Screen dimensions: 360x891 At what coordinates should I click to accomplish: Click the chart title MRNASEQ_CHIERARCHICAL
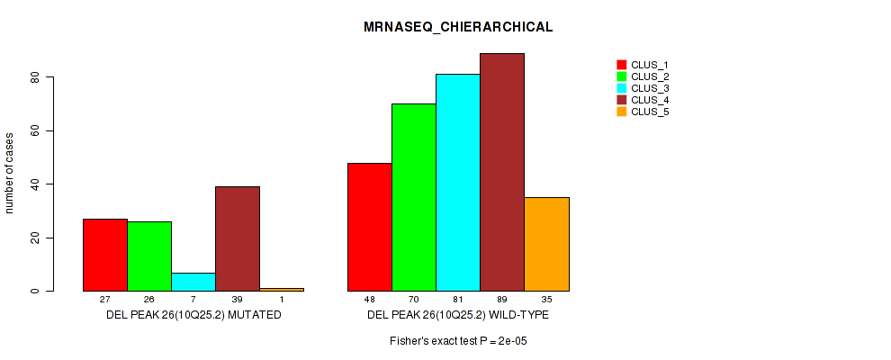[458, 27]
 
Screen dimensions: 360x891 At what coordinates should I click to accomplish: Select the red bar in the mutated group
[105, 255]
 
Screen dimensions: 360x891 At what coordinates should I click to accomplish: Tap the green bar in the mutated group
[149, 256]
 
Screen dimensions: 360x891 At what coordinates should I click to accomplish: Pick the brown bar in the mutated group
[238, 238]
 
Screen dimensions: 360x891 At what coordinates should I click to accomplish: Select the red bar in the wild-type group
[370, 227]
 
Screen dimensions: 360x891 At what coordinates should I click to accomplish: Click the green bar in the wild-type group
[414, 197]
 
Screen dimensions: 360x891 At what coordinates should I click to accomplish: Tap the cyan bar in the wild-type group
[458, 183]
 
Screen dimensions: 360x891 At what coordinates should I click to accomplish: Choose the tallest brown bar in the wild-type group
[502, 172]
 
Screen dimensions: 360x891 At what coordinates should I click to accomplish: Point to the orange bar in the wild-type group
[546, 244]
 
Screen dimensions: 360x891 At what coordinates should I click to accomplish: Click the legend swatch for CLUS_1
[621, 65]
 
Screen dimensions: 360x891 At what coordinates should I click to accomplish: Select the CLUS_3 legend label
[650, 88]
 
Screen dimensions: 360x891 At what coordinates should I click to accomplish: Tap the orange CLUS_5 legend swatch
[621, 112]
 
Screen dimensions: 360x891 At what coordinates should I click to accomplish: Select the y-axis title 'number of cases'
[10, 173]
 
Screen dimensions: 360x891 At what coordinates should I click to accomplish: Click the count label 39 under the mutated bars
[238, 300]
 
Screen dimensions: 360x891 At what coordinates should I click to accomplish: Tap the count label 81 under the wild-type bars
[458, 300]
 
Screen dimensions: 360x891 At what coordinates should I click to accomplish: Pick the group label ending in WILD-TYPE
[458, 316]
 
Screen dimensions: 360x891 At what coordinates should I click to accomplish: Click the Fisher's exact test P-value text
[458, 341]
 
